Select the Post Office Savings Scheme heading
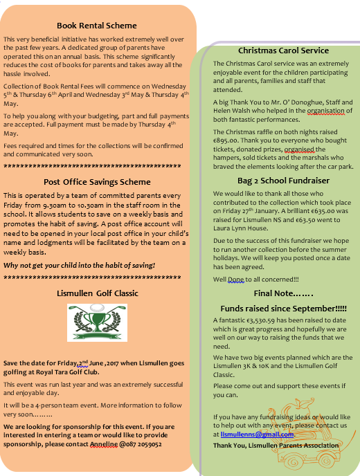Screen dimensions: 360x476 (96, 182)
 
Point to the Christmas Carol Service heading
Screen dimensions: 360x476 (283, 51)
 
